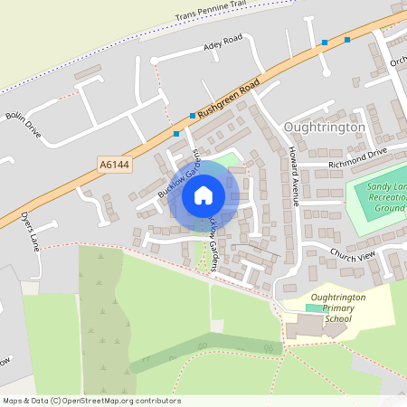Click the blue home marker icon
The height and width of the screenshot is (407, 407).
tap(203, 194)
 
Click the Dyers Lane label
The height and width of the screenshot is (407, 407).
tap(31, 232)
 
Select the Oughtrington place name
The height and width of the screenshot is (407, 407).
tap(324, 128)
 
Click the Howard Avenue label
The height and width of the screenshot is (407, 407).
tap(293, 175)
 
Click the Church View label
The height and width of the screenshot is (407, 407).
tap(352, 256)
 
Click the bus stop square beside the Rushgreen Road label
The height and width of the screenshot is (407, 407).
tap(193, 116)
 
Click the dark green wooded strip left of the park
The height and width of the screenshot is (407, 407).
tap(94, 317)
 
